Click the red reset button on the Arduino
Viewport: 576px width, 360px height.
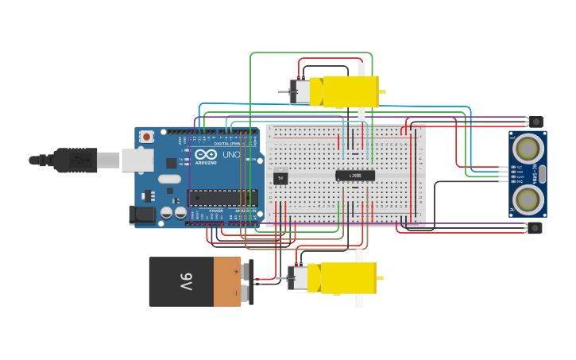pos(146,137)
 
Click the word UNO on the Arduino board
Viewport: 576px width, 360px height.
pos(231,154)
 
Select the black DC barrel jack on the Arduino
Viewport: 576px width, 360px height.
pos(142,214)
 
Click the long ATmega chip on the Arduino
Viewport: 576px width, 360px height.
pos(222,197)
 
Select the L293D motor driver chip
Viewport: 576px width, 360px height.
pos(354,175)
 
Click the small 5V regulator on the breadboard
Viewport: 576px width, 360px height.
pos(280,178)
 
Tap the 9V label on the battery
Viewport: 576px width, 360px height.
pos(185,281)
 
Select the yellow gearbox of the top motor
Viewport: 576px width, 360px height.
pos(350,91)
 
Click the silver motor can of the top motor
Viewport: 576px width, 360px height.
pos(302,92)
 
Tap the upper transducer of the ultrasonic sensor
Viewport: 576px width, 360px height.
pos(527,148)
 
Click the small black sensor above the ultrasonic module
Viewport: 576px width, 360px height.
pos(537,122)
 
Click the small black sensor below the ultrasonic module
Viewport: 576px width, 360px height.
pos(537,228)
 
